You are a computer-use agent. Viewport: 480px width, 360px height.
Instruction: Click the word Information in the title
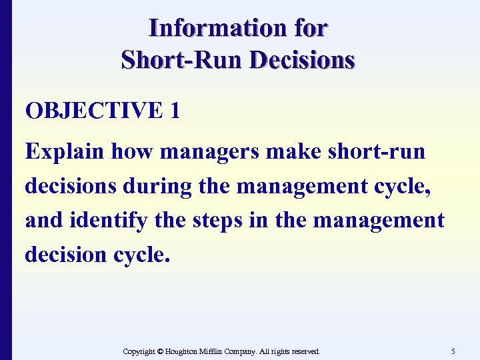tap(208, 28)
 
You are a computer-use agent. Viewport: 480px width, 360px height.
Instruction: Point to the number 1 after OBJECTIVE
tap(175, 111)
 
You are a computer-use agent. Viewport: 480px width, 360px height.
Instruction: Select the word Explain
tap(64, 151)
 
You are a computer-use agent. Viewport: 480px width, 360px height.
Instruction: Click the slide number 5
tap(453, 351)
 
